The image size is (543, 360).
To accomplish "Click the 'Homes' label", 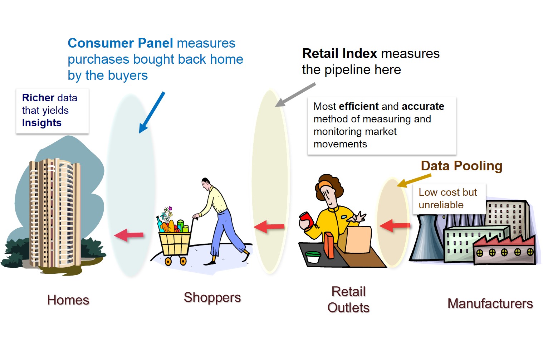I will click(68, 300).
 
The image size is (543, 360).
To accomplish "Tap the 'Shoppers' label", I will click(212, 297).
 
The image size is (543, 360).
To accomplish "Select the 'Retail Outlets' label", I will click(348, 300).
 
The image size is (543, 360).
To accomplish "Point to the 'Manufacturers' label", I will click(490, 303).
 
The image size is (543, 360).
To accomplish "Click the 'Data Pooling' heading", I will click(461, 166).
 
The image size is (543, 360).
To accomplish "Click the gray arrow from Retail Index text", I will click(295, 95).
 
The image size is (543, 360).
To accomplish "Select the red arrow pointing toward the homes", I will click(129, 235).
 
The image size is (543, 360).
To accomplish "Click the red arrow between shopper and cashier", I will click(269, 227).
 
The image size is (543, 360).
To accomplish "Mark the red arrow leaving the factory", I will click(395, 225).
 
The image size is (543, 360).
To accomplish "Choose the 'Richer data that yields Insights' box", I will click(52, 111).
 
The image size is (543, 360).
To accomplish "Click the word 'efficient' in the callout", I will click(358, 106).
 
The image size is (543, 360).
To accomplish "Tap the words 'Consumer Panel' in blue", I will click(121, 43).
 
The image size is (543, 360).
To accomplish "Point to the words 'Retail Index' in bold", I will click(339, 54).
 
